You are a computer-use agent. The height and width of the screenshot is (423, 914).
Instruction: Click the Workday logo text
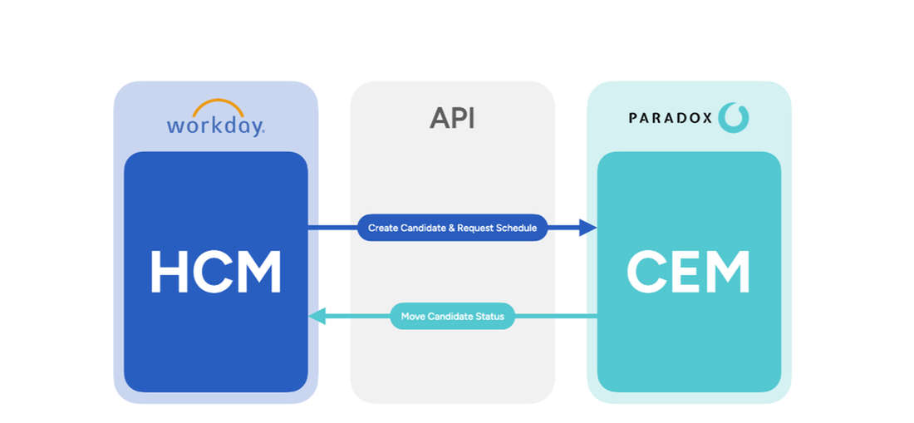(215, 126)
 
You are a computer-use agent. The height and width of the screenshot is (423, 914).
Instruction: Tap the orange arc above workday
(218, 108)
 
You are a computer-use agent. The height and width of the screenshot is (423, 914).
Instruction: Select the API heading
(452, 118)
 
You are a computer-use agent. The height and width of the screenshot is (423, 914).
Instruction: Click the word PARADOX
(670, 118)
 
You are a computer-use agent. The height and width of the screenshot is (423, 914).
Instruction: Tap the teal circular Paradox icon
(734, 117)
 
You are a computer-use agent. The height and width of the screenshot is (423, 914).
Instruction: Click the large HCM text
(215, 273)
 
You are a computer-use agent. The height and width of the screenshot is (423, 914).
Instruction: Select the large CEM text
(689, 273)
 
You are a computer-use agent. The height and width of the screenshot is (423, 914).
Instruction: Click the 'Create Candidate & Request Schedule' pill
(452, 228)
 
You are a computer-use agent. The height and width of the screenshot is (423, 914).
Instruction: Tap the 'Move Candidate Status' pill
(452, 317)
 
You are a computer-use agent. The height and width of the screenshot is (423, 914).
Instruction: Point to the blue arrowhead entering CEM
(588, 228)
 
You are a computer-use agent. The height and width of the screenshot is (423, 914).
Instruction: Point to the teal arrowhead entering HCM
(317, 317)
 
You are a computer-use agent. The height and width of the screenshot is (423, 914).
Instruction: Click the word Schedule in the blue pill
(517, 228)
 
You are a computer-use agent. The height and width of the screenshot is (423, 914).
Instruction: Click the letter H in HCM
(169, 273)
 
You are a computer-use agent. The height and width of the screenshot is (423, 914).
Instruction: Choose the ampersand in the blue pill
(450, 228)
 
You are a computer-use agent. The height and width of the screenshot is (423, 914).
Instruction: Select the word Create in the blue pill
(383, 228)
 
